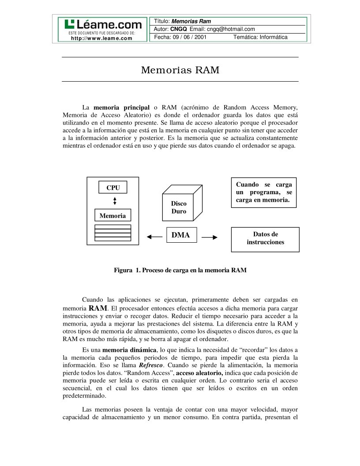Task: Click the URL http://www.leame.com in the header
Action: click(x=101, y=38)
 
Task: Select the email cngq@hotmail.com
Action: click(x=231, y=29)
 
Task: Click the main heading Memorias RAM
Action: click(x=180, y=70)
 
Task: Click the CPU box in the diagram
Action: click(x=113, y=188)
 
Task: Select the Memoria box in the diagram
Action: click(x=112, y=216)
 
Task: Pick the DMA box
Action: click(x=181, y=235)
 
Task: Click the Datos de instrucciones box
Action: click(x=265, y=239)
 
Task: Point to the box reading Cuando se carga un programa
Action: click(x=263, y=192)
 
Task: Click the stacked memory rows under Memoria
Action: click(x=113, y=233)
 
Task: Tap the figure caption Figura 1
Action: click(x=180, y=270)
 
